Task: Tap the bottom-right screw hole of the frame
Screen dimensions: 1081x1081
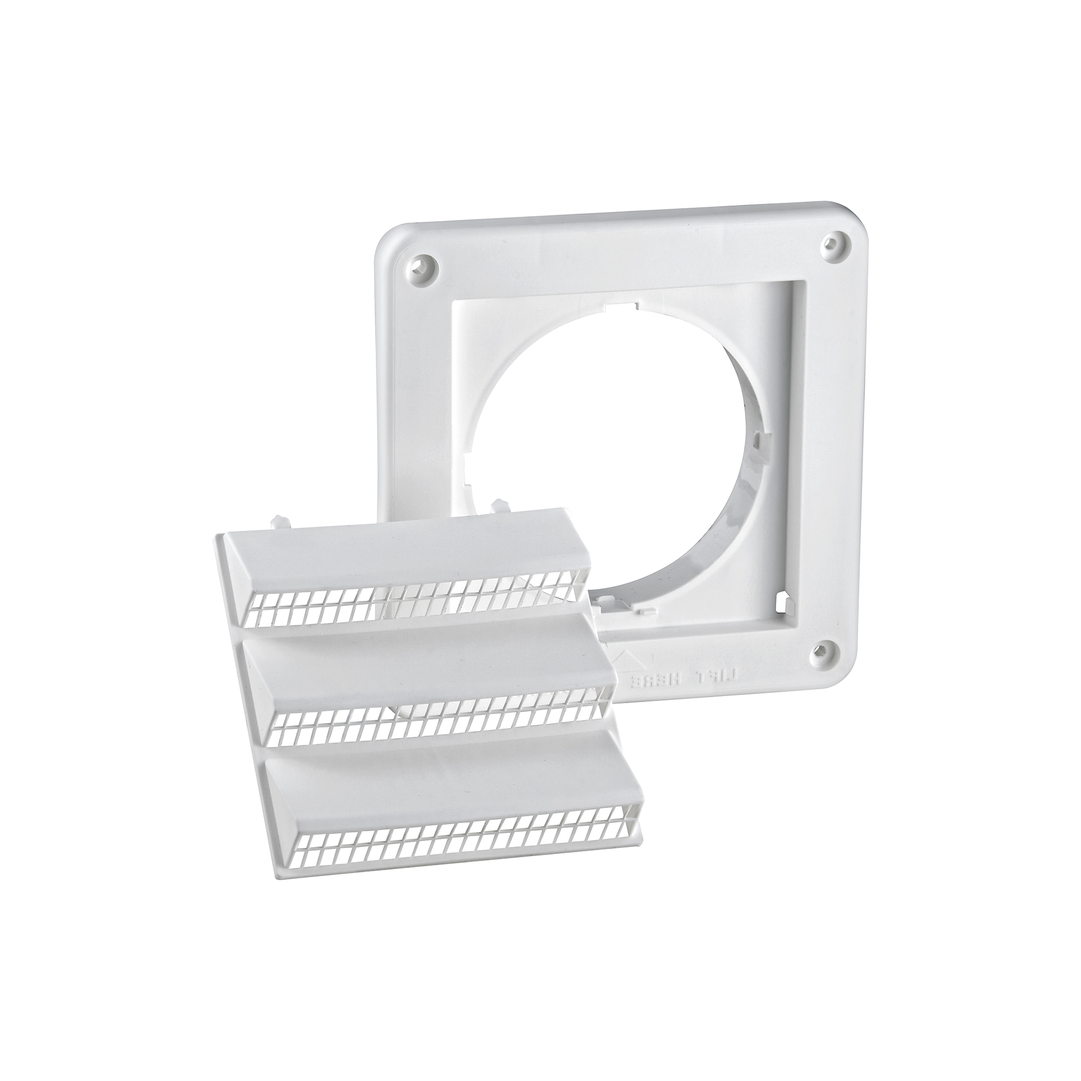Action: pyautogui.click(x=820, y=650)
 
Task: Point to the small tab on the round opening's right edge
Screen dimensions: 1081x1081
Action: pyautogui.click(x=757, y=445)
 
